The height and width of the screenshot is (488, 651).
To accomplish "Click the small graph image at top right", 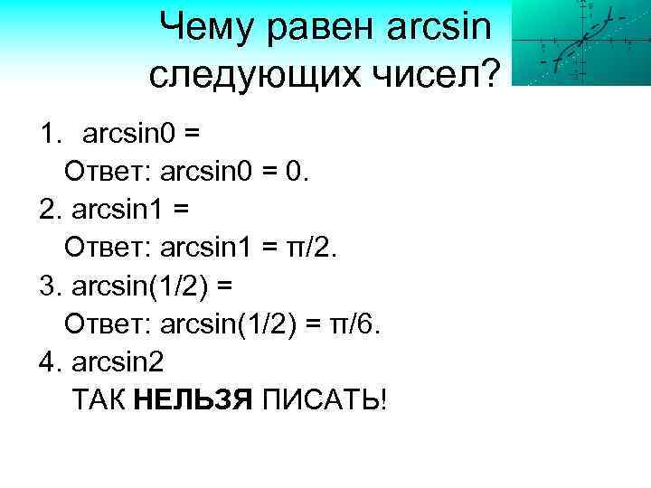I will (x=580, y=42).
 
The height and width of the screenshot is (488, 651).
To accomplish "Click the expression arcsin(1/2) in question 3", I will (x=137, y=286).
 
